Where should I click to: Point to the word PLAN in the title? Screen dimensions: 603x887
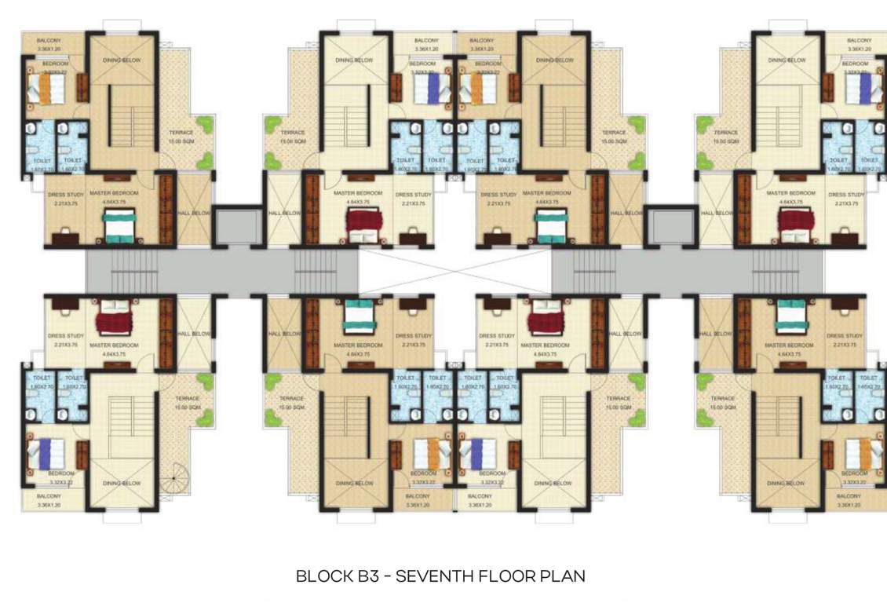[562, 576]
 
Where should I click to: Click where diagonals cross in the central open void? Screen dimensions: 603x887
[455, 271]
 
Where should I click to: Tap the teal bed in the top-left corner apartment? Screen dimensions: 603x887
[121, 228]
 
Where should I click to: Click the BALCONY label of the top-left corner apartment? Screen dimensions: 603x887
[39, 40]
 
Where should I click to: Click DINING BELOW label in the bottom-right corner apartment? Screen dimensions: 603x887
[787, 484]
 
